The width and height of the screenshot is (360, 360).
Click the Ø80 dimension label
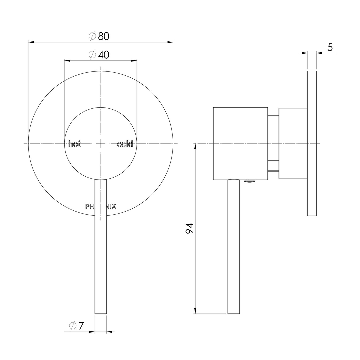pos(99,36)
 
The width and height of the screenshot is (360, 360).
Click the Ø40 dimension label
pos(99,55)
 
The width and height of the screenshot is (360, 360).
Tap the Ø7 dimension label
pos(77,326)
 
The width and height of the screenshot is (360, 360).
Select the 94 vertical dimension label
pos(189,228)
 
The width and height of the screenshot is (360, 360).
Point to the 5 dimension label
pos(330,47)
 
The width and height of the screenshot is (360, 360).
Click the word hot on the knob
pos(74,144)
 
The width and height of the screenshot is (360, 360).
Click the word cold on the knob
pos(125,144)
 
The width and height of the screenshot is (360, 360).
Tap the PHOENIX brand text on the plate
pos(101,207)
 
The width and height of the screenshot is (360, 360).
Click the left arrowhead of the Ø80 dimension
pos(31,42)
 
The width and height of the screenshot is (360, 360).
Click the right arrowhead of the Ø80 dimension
pos(170,42)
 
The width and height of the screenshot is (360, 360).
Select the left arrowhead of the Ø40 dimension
pos(67,61)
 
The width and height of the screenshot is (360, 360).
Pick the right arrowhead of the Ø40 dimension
pos(134,61)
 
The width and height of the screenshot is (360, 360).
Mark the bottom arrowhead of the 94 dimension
pos(195,311)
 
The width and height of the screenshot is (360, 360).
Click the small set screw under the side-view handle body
pos(250,181)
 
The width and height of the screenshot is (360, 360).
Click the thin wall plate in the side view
pos(312,143)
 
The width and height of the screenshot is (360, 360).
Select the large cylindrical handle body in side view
pos(240,143)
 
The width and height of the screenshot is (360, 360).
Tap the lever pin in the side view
pos(233,247)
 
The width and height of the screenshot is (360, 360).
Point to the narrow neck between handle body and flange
pos(273,143)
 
